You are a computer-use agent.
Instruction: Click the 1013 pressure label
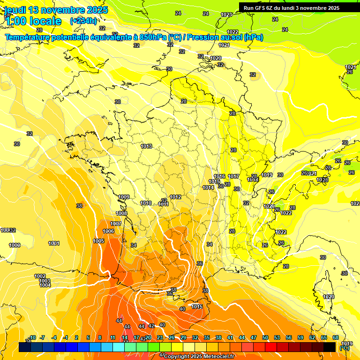(x=146, y=146)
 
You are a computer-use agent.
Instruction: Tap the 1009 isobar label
(x=124, y=197)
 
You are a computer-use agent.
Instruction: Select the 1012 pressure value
(x=176, y=197)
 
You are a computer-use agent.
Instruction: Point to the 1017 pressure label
(x=234, y=177)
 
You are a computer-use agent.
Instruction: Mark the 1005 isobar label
(x=98, y=241)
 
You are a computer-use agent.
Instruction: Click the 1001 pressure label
(x=54, y=243)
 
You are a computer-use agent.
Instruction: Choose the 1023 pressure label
(x=226, y=15)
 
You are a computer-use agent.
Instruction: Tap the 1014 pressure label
(x=209, y=187)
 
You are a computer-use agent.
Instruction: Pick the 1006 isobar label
(x=108, y=231)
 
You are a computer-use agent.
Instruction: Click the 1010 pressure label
(x=146, y=203)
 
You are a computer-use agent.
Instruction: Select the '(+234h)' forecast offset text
(x=83, y=21)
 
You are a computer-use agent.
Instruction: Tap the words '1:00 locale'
(x=34, y=21)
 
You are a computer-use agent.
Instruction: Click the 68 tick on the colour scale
(x=336, y=337)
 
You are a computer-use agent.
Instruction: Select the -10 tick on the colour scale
(x=33, y=337)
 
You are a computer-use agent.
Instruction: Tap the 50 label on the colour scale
(x=265, y=337)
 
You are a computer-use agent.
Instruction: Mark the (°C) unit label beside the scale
(x=345, y=348)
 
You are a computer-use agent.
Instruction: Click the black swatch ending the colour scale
(x=330, y=347)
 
